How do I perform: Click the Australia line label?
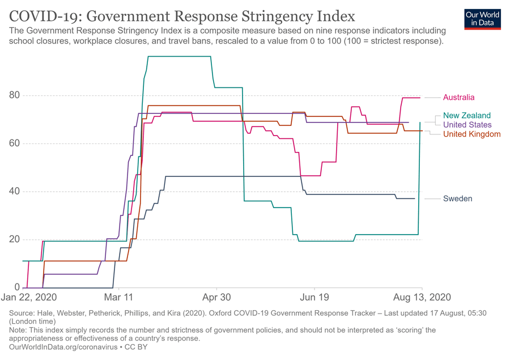(x=458, y=98)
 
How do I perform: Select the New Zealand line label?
(x=467, y=116)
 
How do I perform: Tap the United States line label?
(x=467, y=125)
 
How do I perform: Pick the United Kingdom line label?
(x=471, y=134)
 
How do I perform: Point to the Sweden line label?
(x=457, y=198)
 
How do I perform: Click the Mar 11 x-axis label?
(x=120, y=297)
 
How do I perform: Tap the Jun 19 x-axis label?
(x=314, y=297)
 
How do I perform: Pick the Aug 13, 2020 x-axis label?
(x=422, y=297)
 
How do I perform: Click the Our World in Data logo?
(x=482, y=18)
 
